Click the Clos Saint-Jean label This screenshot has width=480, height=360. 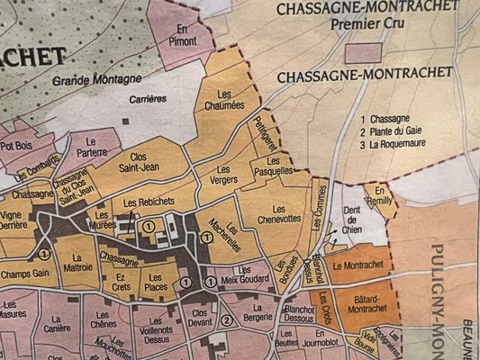(x=140, y=158)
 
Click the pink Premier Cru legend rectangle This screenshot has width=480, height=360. (x=365, y=52)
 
